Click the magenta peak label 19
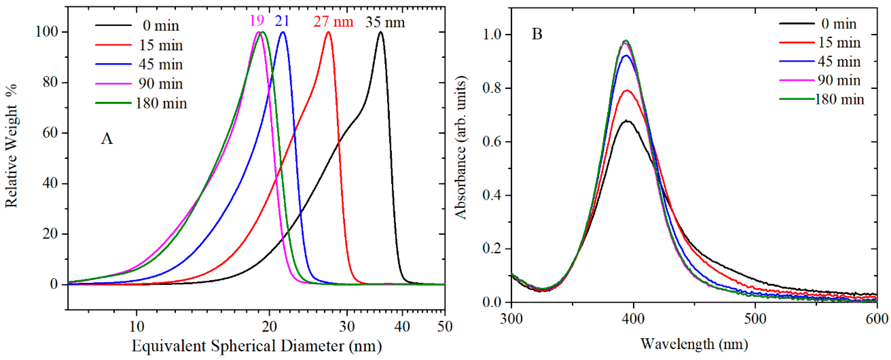(x=257, y=21)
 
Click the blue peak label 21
(x=282, y=21)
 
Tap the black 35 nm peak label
(x=385, y=22)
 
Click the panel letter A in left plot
(x=107, y=139)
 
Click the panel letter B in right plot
(x=537, y=34)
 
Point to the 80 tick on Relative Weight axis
(x=50, y=82)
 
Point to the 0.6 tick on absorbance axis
(x=492, y=142)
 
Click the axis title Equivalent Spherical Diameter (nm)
(x=257, y=346)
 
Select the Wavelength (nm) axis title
(x=694, y=344)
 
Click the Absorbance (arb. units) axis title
(x=461, y=147)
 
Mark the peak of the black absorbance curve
(x=626, y=121)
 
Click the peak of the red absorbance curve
(x=627, y=90)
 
